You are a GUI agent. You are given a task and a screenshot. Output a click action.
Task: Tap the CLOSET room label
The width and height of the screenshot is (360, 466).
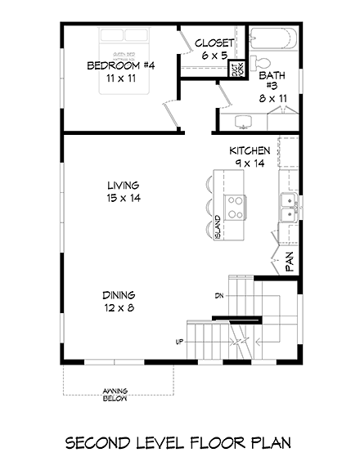pos(215,43)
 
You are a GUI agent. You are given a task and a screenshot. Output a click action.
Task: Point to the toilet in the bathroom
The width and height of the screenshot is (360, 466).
pos(262,65)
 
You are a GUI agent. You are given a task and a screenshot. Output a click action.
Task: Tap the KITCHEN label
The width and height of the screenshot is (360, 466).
pos(250,151)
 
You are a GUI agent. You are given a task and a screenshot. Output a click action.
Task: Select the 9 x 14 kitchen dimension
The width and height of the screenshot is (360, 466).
pos(250,164)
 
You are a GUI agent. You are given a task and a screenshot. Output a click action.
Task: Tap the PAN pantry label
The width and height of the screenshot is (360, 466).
pos(288,261)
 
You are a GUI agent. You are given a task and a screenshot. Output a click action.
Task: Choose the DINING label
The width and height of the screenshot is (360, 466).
pos(119,295)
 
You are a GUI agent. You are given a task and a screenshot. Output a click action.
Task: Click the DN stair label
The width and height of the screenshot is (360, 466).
pos(219,295)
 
